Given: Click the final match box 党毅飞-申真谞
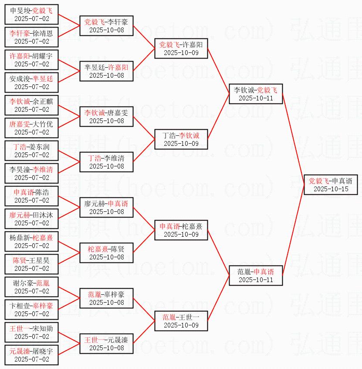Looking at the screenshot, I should click(331, 184).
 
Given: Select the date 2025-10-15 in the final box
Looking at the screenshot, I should click(331, 189).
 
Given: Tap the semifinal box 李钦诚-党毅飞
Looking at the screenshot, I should click(256, 93).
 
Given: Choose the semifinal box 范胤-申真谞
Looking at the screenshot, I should click(256, 275).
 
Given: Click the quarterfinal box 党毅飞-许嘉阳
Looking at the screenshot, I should click(181, 48).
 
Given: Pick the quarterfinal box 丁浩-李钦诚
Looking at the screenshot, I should click(181, 139).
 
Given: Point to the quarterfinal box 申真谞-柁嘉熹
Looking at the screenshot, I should click(181, 230).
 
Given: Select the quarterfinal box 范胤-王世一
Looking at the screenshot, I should click(181, 321).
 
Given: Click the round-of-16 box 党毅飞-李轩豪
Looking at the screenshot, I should click(106, 25).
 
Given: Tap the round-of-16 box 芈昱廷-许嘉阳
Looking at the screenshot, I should click(106, 71).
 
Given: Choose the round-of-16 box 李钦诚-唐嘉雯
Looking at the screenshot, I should click(106, 116).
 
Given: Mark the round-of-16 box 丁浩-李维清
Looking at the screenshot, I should click(106, 162).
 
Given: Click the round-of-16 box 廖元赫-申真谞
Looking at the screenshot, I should click(106, 207).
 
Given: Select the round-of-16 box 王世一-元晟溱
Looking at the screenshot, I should click(106, 343).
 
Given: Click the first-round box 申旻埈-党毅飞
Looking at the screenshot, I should click(31, 14).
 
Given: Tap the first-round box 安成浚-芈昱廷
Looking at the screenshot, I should click(31, 82).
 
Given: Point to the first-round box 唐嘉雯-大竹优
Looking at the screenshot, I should click(31, 128).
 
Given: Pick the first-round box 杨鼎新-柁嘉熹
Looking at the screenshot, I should click(31, 241).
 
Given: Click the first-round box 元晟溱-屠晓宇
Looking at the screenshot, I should click(31, 355).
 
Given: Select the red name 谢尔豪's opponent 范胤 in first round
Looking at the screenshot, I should click(43, 283).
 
